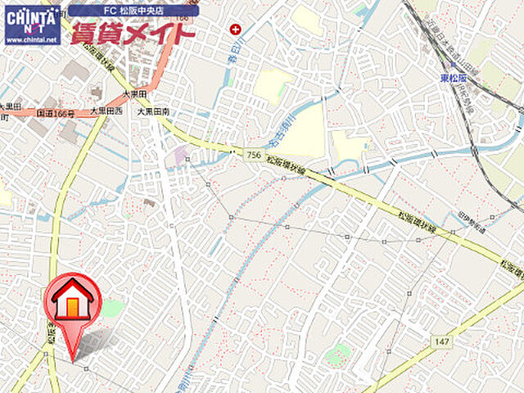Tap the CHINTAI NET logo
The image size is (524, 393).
click(32, 18)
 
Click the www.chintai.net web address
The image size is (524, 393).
click(32, 39)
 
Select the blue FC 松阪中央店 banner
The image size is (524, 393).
click(133, 11)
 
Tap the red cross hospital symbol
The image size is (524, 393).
click(236, 29)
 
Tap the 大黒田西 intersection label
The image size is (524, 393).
click(106, 111)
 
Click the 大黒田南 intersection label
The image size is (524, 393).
click(153, 111)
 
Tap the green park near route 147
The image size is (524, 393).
click(337, 353)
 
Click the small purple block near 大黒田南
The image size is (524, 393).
click(179, 153)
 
